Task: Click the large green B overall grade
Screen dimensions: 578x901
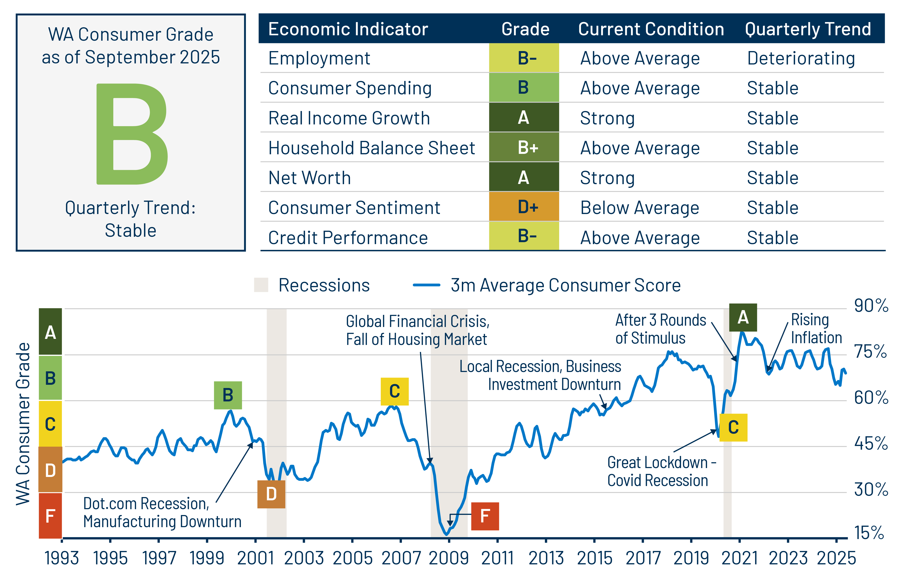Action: [131, 134]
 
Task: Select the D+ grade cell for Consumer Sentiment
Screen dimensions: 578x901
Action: [524, 207]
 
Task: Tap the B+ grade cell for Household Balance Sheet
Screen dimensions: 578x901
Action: [524, 148]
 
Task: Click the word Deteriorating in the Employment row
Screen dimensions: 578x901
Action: [801, 59]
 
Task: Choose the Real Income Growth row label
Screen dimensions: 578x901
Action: [349, 118]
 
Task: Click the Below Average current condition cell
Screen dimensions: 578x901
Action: [640, 208]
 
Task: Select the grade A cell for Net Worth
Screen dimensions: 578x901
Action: [524, 177]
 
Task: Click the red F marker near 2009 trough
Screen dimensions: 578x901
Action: [485, 516]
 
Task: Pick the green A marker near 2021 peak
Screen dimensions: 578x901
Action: [743, 317]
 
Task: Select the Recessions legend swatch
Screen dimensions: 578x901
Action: [261, 285]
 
